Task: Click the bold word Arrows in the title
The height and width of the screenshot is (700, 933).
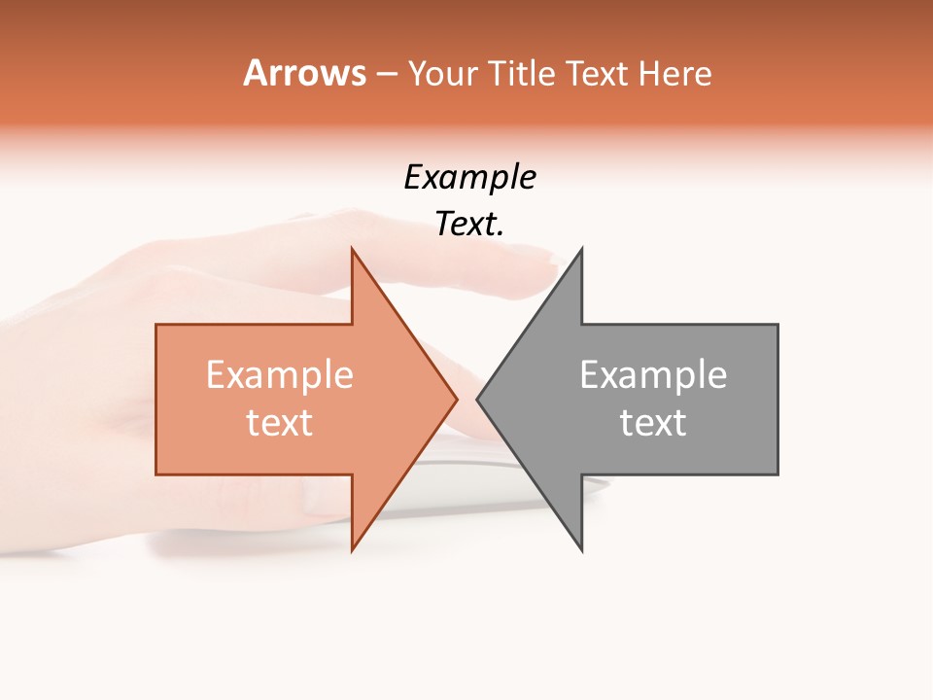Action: click(304, 73)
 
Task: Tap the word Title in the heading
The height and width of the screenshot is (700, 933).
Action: click(523, 73)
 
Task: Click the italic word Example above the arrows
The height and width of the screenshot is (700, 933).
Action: click(469, 177)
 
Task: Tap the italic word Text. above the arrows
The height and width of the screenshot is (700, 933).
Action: click(469, 224)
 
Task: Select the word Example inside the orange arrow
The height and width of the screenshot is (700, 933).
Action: click(280, 375)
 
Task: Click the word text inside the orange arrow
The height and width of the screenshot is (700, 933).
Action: click(280, 422)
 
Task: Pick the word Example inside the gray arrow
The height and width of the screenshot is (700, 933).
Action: click(653, 375)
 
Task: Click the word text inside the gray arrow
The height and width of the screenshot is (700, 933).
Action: click(653, 422)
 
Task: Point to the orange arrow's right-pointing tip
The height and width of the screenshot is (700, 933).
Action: click(456, 399)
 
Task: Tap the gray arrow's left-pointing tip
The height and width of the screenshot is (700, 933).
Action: click(478, 399)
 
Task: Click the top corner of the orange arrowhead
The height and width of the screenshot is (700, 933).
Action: click(353, 250)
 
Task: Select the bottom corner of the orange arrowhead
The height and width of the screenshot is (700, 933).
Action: click(353, 549)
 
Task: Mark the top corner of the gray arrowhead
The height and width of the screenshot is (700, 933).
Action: click(581, 250)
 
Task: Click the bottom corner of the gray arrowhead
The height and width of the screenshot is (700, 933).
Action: click(581, 549)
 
